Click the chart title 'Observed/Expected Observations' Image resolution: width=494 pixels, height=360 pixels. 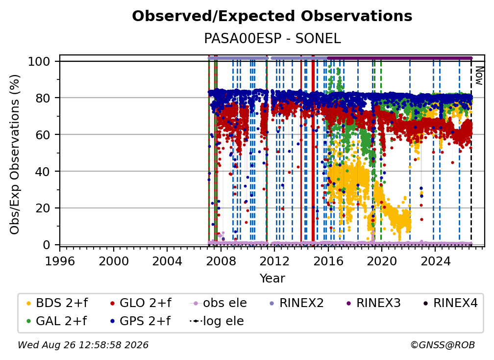pos(272,16)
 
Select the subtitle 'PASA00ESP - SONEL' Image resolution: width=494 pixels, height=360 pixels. pos(272,38)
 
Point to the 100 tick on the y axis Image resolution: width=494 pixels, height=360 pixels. pos(39,61)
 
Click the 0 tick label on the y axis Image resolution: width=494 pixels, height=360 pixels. pos(46,245)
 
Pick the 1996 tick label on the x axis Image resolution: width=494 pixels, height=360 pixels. pos(60,261)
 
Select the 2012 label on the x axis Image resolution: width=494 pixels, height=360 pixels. pos(274,261)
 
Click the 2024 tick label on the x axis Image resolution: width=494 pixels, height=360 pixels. pos(435,261)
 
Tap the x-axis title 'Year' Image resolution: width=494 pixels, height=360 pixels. pos(272,279)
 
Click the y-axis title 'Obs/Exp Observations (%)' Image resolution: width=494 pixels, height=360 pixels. pos(15,154)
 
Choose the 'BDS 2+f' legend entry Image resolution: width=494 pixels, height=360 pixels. pos(57,303)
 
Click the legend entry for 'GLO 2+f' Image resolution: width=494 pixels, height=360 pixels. pos(140,303)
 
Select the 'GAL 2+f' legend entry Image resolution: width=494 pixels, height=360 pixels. pos(57,321)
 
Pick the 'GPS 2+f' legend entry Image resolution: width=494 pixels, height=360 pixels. pos(140,321)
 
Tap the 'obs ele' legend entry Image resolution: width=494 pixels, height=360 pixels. pos(219,303)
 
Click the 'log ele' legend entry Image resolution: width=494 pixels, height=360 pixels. pos(217,321)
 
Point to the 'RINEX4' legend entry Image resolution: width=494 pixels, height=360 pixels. pos(450,303)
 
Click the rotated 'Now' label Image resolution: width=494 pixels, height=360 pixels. pos(479,76)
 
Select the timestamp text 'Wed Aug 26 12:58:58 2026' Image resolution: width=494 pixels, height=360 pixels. pos(83,345)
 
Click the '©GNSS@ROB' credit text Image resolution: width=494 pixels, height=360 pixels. pos(443,345)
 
